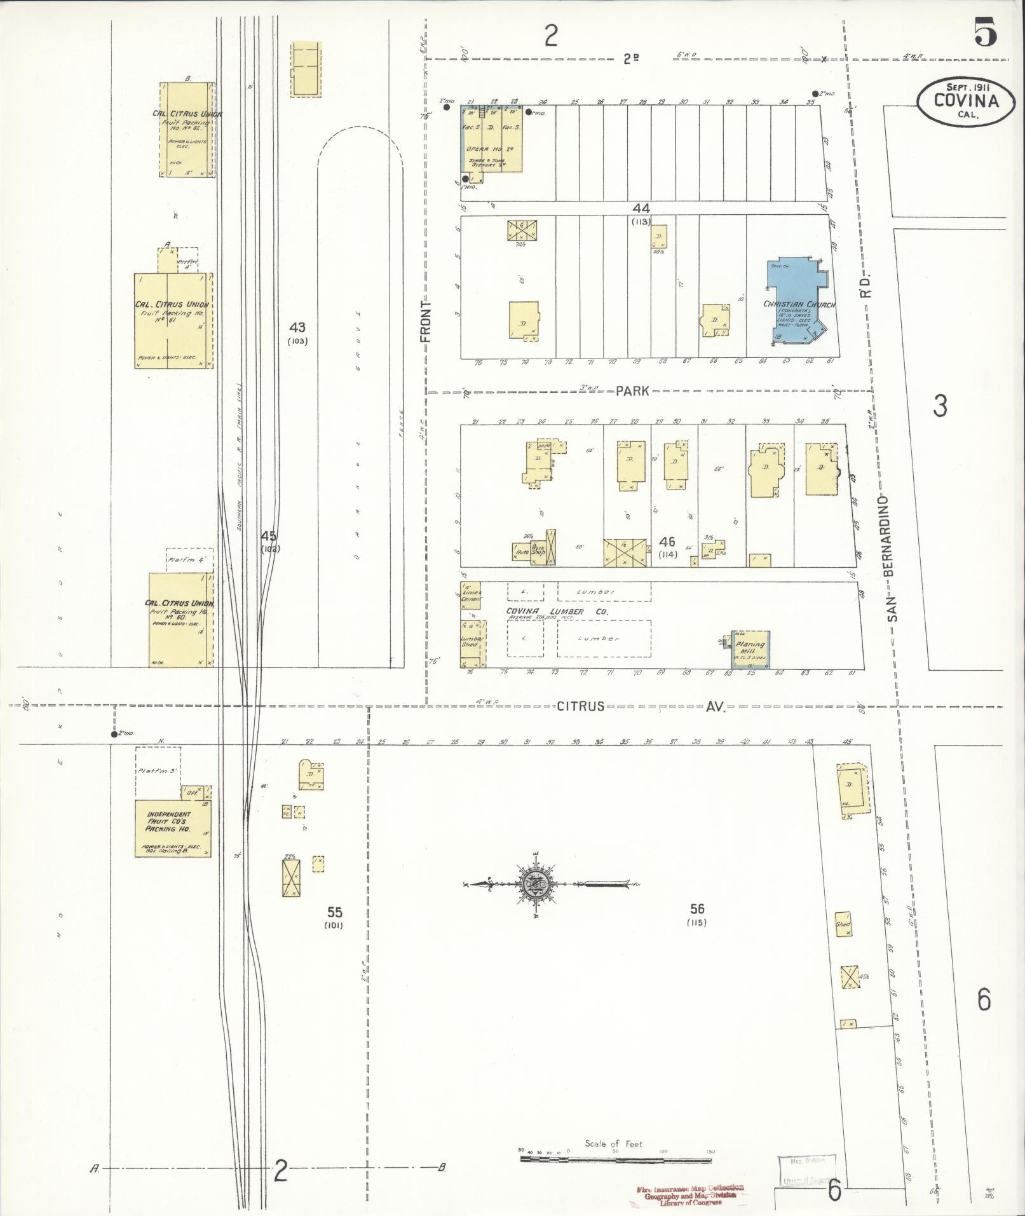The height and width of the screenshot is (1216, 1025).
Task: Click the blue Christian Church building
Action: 798,301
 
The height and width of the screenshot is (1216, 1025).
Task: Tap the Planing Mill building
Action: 750,648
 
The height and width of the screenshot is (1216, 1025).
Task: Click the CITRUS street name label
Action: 580,706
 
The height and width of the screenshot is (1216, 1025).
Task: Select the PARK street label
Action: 632,391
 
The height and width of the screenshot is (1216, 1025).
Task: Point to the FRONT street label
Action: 426,321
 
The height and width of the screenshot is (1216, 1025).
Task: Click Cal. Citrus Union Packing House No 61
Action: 172,321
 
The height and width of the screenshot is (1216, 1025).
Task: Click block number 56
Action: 697,910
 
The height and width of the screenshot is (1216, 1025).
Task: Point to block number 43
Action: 297,328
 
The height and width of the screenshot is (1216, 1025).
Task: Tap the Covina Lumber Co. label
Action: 557,611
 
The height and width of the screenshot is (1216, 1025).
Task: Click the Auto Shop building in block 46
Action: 522,552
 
